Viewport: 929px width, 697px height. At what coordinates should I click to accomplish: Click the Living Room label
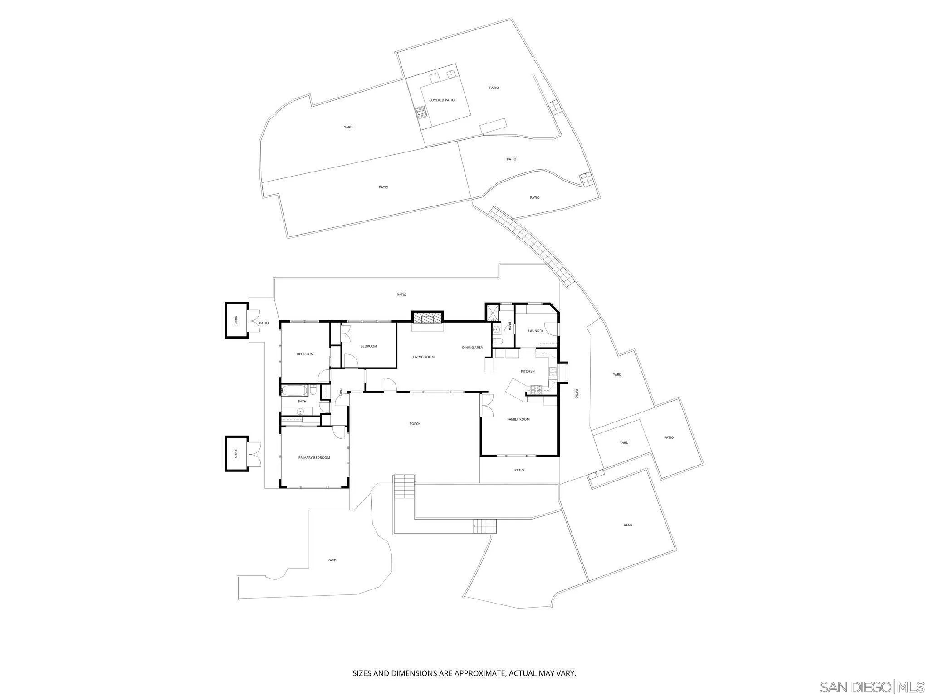(423, 357)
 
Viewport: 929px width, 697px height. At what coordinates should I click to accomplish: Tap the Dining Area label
(472, 348)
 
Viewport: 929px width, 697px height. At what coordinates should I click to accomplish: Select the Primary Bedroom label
(314, 458)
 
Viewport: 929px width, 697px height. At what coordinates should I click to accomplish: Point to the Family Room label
(518, 420)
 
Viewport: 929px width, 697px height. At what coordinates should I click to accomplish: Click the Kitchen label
(528, 372)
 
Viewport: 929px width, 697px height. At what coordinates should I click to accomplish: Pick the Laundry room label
(535, 331)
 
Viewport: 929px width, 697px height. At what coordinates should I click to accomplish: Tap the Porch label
(415, 424)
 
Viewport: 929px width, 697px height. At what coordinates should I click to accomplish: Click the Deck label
(627, 525)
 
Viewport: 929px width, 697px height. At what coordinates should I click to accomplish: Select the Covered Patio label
(441, 100)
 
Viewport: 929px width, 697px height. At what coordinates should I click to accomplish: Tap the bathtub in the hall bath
(294, 390)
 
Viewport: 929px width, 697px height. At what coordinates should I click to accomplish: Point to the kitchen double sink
(553, 372)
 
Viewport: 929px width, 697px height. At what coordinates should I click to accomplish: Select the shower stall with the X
(492, 312)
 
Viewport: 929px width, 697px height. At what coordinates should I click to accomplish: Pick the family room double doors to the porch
(487, 406)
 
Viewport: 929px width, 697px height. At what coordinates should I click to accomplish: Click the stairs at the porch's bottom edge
(404, 486)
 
